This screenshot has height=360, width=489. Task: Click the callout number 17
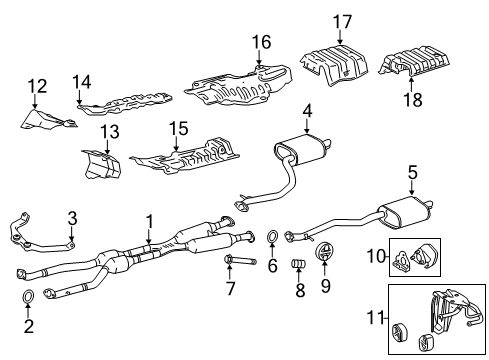pyautogui.click(x=343, y=22)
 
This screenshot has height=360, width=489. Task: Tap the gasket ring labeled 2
pyautogui.click(x=28, y=295)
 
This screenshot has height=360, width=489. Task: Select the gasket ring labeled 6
pyautogui.click(x=272, y=236)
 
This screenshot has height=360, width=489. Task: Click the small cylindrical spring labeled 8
pyautogui.click(x=299, y=263)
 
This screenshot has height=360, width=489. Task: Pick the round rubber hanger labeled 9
pyautogui.click(x=324, y=252)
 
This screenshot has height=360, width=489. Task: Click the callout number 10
pyautogui.click(x=376, y=256)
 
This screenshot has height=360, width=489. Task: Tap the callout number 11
pyautogui.click(x=375, y=317)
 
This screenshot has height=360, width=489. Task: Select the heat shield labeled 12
pyautogui.click(x=47, y=119)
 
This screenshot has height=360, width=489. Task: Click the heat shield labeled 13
pyautogui.click(x=101, y=164)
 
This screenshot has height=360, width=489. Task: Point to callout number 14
pyautogui.click(x=82, y=82)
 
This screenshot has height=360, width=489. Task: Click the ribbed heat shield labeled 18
pyautogui.click(x=414, y=62)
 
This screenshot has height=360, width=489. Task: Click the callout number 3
pyautogui.click(x=72, y=218)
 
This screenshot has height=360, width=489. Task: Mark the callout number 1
pyautogui.click(x=150, y=222)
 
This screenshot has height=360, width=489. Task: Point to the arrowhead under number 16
pyautogui.click(x=259, y=62)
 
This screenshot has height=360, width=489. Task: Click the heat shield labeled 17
pyautogui.click(x=334, y=65)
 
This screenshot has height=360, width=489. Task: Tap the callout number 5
pyautogui.click(x=412, y=173)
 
